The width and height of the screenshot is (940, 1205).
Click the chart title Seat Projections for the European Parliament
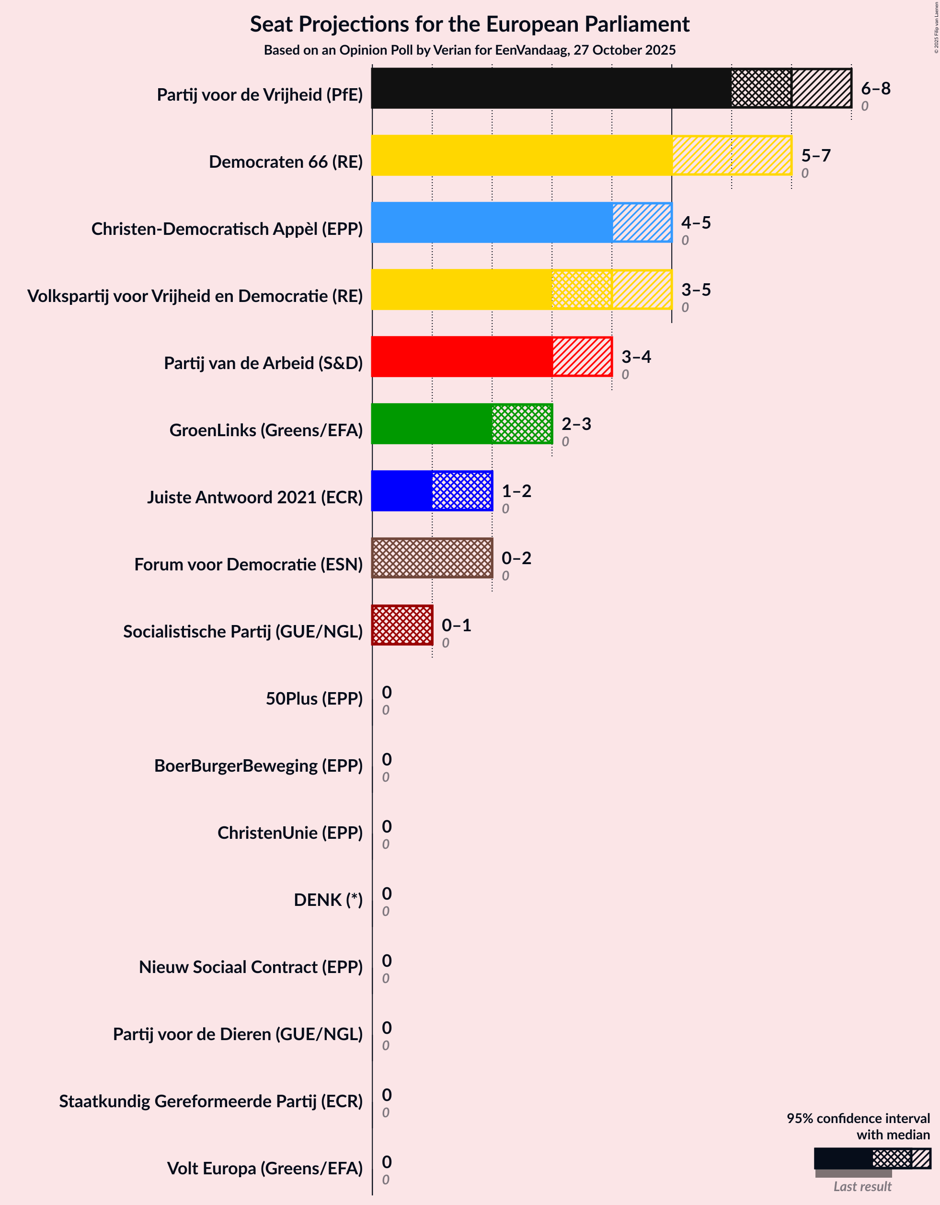coord(470,24)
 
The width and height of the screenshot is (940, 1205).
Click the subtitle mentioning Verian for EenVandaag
coord(470,50)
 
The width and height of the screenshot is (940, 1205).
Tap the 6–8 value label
coord(875,88)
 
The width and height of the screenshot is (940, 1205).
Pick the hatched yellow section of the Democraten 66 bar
coord(732,156)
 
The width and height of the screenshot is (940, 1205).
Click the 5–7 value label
coord(815,156)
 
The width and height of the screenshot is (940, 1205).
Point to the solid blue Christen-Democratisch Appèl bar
coord(491,222)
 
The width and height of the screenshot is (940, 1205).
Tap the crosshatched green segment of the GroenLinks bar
coord(522,424)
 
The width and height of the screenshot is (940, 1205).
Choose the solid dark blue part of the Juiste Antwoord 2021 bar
coord(401,491)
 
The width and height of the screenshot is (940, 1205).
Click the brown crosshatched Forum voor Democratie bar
coord(432,558)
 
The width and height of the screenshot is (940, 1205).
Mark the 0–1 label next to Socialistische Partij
coord(456,625)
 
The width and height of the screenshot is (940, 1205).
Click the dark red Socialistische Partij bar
coord(402,625)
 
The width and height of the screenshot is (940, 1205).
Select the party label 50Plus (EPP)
coord(314,699)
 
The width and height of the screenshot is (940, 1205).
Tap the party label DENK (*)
coord(328,900)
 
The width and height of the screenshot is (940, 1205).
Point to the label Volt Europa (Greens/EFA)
coord(265,1169)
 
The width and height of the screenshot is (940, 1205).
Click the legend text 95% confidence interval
coord(858,1118)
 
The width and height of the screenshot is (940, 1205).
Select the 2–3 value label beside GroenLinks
coord(576,424)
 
